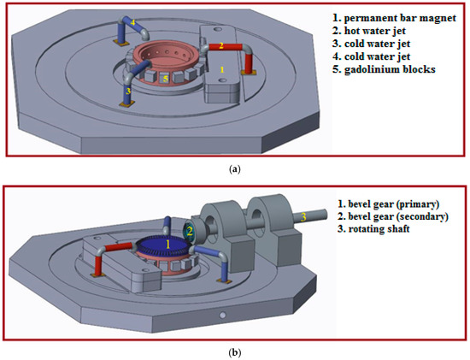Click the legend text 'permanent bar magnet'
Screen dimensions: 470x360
click(x=400, y=18)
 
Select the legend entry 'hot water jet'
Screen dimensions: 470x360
click(x=375, y=31)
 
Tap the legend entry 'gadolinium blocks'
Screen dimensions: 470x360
click(x=390, y=69)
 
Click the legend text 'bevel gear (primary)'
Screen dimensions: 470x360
click(x=394, y=204)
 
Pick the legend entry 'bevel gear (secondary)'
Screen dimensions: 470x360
click(x=398, y=216)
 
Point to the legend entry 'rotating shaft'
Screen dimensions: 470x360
click(x=379, y=229)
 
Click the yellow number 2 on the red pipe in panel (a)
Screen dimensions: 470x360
click(x=221, y=46)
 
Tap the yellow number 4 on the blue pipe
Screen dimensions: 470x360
click(x=132, y=22)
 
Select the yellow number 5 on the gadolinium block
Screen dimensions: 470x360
click(x=165, y=79)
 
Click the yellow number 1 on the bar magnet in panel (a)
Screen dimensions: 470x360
click(x=222, y=69)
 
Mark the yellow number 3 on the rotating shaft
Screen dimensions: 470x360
click(x=303, y=217)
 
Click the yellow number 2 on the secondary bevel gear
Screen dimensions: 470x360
click(x=190, y=231)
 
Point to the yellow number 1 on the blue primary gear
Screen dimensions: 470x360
click(x=167, y=245)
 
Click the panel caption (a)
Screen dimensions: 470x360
click(x=234, y=170)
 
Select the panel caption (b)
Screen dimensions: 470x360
click(x=234, y=353)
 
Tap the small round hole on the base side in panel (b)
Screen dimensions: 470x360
click(x=222, y=316)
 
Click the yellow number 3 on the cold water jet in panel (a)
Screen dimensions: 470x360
click(x=128, y=91)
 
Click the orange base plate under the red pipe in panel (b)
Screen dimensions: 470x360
click(x=98, y=274)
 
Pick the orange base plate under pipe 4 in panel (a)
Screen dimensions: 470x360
click(x=121, y=43)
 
